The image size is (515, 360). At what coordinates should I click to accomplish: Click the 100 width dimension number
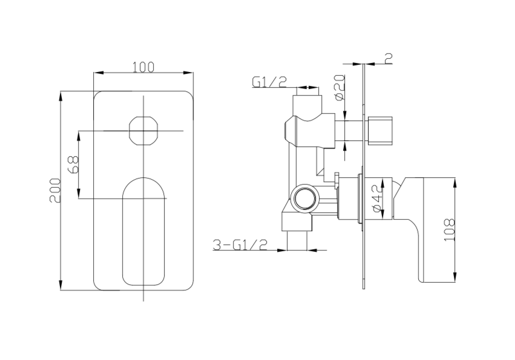point(143,67)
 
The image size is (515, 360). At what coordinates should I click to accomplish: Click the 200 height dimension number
point(54,191)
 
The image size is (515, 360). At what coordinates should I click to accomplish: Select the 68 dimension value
point(73,165)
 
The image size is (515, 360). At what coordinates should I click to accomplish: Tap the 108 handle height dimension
point(448,231)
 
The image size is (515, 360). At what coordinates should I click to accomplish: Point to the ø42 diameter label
point(376,198)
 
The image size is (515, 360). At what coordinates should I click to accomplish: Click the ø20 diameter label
point(339,87)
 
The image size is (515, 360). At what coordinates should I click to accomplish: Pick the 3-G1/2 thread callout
point(240,244)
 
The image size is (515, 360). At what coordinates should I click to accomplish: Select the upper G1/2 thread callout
point(269,82)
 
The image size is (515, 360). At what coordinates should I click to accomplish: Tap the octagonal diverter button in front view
point(143,131)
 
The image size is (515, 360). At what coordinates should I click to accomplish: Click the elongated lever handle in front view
point(143,231)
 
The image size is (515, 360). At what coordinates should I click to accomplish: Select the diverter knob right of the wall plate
point(379,129)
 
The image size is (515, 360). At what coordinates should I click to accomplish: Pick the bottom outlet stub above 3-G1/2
point(297,240)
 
